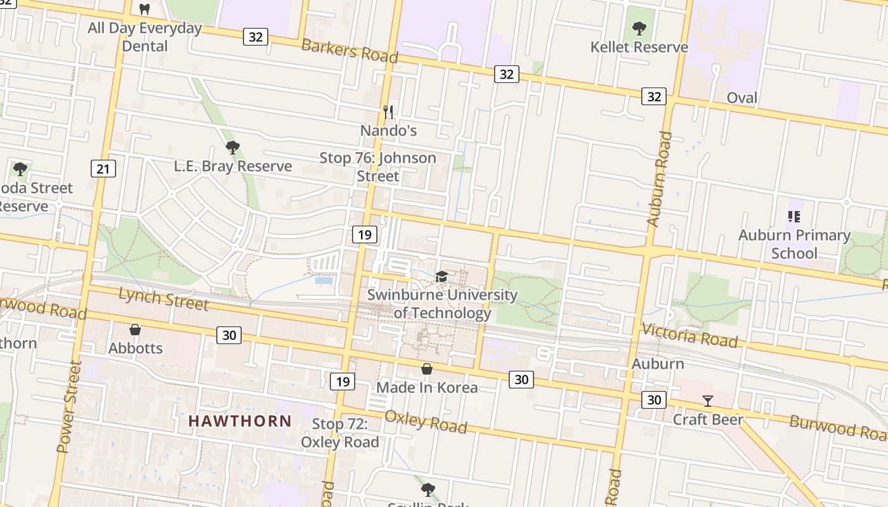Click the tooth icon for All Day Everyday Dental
point(145,10)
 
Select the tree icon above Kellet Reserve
point(639,29)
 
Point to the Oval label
point(741,98)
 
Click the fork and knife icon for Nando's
point(388,112)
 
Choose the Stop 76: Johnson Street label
point(378,167)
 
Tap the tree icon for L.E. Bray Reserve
point(233,148)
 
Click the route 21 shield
point(103,169)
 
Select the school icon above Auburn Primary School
point(793,217)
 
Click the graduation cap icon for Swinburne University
point(441,276)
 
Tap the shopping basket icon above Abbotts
point(135,329)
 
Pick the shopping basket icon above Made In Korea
point(427,369)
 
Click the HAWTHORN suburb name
point(240,421)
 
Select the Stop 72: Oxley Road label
point(340,433)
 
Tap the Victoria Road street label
point(689,335)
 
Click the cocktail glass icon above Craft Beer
point(708,401)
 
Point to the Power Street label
point(69,407)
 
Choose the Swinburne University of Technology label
point(443,304)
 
